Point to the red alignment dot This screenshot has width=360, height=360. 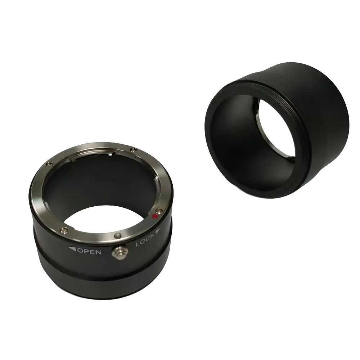(x=155, y=216)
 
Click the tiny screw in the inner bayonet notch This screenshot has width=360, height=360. (x=111, y=154)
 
